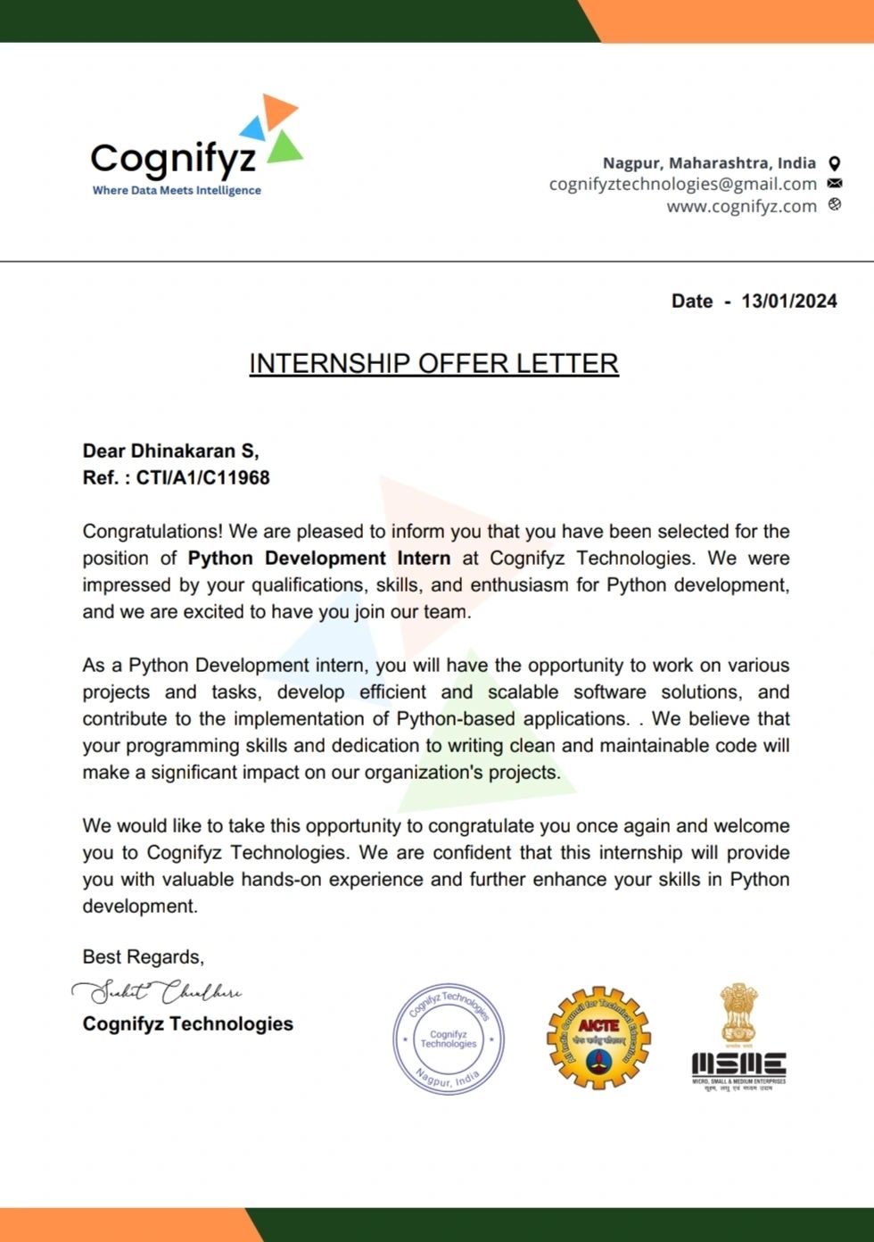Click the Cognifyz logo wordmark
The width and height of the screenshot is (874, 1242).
pyautogui.click(x=173, y=159)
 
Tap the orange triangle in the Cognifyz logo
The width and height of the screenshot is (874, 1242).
pyautogui.click(x=279, y=110)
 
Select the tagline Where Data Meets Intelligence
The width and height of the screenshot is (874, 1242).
pyautogui.click(x=177, y=190)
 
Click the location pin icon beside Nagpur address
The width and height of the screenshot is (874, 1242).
pyautogui.click(x=835, y=163)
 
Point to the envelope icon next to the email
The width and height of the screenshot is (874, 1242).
pyautogui.click(x=835, y=184)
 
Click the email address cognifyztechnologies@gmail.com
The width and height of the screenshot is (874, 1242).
pyautogui.click(x=682, y=184)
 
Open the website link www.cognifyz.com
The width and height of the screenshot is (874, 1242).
pyautogui.click(x=741, y=206)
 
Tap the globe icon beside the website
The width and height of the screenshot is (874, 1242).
pyautogui.click(x=835, y=204)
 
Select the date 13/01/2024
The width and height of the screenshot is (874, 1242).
pyautogui.click(x=788, y=301)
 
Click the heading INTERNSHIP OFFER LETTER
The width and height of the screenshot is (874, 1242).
pyautogui.click(x=433, y=363)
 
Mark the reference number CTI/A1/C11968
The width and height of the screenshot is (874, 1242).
pyautogui.click(x=202, y=477)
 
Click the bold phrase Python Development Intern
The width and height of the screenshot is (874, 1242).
pyautogui.click(x=319, y=558)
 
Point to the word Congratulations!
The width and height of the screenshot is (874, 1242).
pyautogui.click(x=152, y=531)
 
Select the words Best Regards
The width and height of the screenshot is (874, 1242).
pyautogui.click(x=143, y=956)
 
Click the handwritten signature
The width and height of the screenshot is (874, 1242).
pyautogui.click(x=157, y=991)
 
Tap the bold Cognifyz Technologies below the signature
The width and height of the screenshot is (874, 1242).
pyautogui.click(x=187, y=1023)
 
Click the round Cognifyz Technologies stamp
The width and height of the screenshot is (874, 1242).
pyautogui.click(x=449, y=1039)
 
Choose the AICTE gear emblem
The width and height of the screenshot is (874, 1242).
pyautogui.click(x=598, y=1038)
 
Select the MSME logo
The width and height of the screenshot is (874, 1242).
pyautogui.click(x=738, y=1039)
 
